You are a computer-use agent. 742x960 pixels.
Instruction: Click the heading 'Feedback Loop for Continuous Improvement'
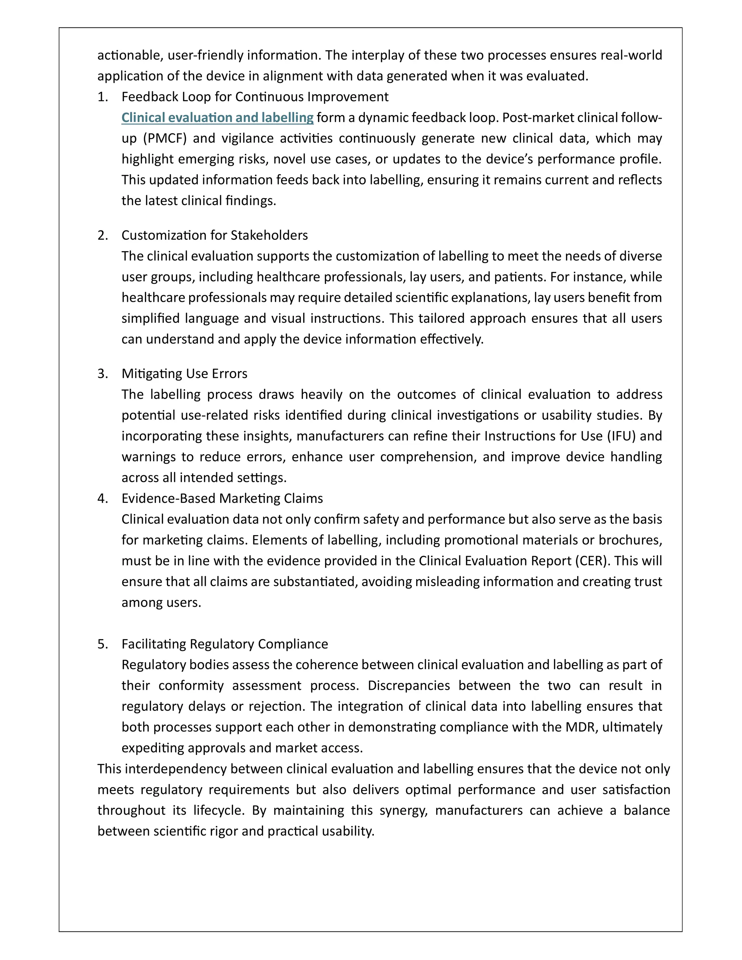pyautogui.click(x=255, y=97)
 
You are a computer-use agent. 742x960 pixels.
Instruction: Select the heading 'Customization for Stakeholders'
pyautogui.click(x=214, y=235)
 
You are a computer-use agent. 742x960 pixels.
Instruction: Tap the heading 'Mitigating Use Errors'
pyautogui.click(x=184, y=373)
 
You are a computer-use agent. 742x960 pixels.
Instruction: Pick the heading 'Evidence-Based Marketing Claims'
pyautogui.click(x=222, y=498)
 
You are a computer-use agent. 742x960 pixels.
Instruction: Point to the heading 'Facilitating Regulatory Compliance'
pyautogui.click(x=225, y=644)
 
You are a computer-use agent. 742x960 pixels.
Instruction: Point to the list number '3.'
pyautogui.click(x=103, y=373)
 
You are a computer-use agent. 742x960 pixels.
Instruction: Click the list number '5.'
pyautogui.click(x=103, y=644)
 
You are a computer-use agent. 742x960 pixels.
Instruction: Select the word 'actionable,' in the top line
pyautogui.click(x=130, y=55)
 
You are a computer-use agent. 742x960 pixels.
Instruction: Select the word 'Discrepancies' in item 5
pyautogui.click(x=408, y=686)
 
